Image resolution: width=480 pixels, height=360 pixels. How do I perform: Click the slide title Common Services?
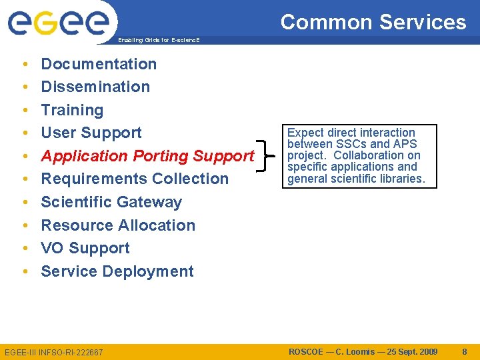pos(373,22)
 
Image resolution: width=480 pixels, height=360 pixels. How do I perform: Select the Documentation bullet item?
pos(99,64)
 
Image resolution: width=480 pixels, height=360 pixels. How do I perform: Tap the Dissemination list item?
pos(95,87)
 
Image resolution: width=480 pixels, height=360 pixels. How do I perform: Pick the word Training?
pos(72,110)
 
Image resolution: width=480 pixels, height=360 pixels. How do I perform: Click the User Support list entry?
pos(91,133)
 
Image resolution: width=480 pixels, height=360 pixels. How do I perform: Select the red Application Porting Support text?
pos(147,156)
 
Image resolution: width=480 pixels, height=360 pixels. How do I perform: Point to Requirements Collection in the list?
pos(135,179)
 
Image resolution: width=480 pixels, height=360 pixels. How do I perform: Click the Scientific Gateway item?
pos(111,202)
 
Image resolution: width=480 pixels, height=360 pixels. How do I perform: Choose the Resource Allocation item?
pos(118,225)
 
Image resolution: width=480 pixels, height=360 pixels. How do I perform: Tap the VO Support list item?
pos(85,248)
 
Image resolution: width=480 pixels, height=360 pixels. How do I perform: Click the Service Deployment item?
pos(117,271)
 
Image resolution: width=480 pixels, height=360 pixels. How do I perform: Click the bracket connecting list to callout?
pos(267,156)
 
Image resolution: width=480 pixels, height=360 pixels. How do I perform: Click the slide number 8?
pos(464,351)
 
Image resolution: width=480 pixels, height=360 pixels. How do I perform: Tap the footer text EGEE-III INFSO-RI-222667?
pos(54,352)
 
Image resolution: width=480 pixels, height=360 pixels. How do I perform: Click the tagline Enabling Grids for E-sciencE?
pos(159,40)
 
